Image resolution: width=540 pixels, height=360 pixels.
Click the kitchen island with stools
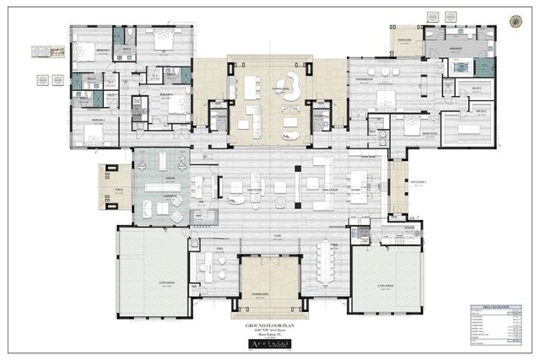pyautogui.click(x=358, y=180)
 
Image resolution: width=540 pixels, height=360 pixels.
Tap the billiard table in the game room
pyautogui.click(x=158, y=185)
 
